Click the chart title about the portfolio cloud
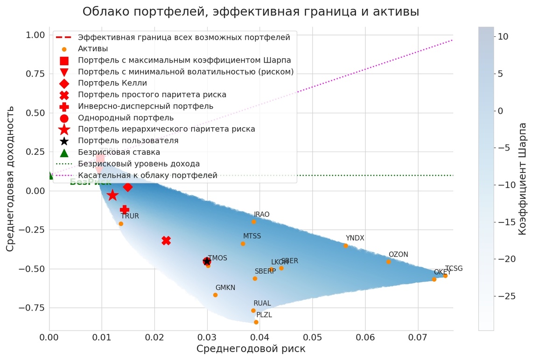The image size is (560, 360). (x=251, y=12)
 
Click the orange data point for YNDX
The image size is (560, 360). (x=346, y=246)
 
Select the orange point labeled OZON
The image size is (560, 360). (x=388, y=262)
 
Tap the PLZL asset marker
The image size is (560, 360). (x=256, y=322)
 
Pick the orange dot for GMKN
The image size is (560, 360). (x=215, y=295)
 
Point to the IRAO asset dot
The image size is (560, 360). (x=253, y=222)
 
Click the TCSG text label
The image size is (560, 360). (x=454, y=269)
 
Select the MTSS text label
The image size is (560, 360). (x=252, y=236)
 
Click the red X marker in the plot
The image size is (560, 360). (x=166, y=241)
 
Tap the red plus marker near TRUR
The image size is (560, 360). (x=124, y=210)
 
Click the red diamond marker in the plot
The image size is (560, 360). (x=127, y=187)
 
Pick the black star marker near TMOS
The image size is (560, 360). (x=207, y=261)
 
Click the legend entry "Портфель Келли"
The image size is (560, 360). (x=112, y=83)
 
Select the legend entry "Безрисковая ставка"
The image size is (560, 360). (x=119, y=152)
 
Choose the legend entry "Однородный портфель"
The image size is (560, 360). (x=126, y=118)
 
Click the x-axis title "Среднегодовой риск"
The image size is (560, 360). (x=251, y=349)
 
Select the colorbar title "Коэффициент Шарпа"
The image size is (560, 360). (x=523, y=179)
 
